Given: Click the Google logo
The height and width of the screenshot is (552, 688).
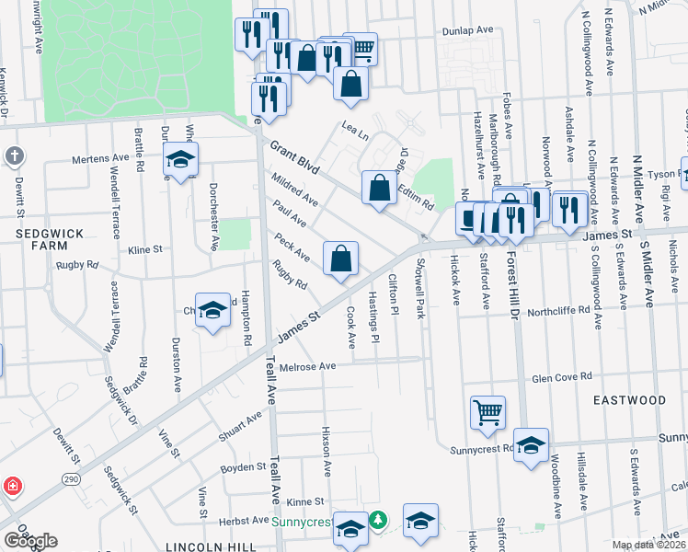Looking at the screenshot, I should click(x=30, y=542).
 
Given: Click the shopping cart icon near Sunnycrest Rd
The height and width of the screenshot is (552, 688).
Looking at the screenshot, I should click(x=487, y=413).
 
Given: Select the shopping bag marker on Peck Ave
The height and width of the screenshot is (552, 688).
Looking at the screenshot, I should click(x=340, y=259).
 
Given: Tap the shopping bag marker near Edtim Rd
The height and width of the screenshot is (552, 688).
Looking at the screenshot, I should click(x=379, y=189).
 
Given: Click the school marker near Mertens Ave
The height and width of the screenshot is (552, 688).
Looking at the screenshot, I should click(x=181, y=160).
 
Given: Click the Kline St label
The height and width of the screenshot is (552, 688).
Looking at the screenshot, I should click(x=144, y=249).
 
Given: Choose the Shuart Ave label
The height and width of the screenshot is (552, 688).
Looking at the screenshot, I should click(x=241, y=424).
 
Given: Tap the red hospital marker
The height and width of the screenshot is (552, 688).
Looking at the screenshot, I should click(x=12, y=485).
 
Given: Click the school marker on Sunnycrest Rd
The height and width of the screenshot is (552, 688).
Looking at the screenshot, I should click(x=531, y=445).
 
